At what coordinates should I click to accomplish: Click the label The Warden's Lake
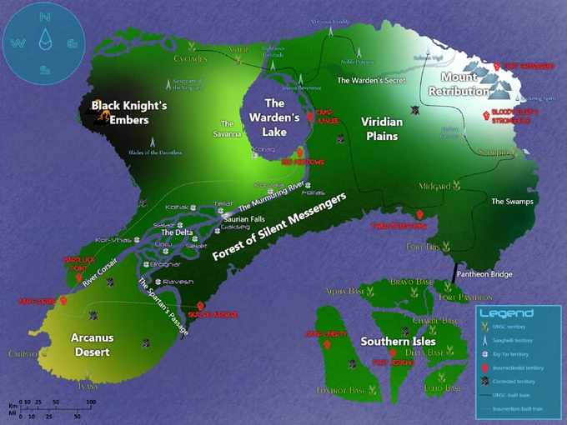tap(274, 117)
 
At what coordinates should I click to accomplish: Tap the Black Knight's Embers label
tap(129, 112)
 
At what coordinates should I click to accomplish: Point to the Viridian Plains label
tap(382, 128)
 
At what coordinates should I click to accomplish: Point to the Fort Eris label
tap(423, 247)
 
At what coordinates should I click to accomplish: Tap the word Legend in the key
tap(506, 313)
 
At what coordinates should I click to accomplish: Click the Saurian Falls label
tap(243, 218)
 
